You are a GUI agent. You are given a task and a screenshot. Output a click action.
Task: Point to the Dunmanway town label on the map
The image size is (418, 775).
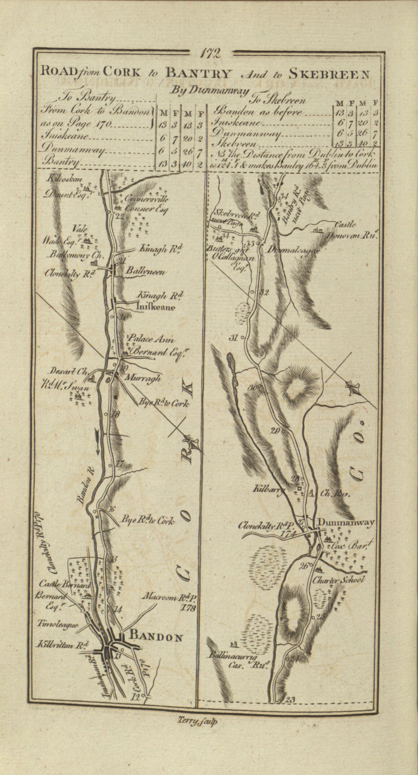(346, 522)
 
